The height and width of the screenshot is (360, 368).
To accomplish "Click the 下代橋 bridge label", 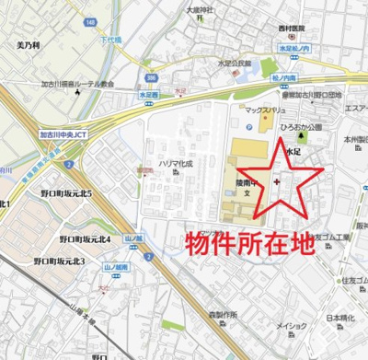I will coord(109,41).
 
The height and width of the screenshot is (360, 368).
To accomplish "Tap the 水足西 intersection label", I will coord(149,94).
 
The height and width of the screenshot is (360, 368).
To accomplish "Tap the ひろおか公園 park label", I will coord(305,128).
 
